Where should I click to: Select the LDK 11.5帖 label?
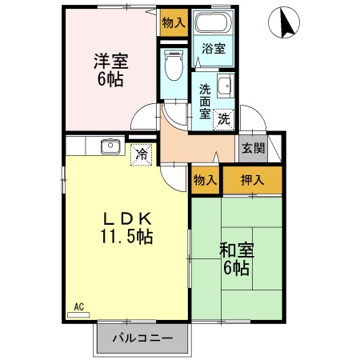(x=126, y=227)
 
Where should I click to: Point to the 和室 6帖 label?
(x=235, y=258)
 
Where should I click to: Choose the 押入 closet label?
(x=252, y=180)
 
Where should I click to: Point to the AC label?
(x=79, y=306)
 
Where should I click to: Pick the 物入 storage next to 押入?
(x=205, y=180)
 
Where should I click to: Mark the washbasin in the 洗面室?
(x=225, y=86)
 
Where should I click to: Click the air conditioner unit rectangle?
(x=79, y=314)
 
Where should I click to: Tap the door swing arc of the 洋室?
(x=144, y=120)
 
